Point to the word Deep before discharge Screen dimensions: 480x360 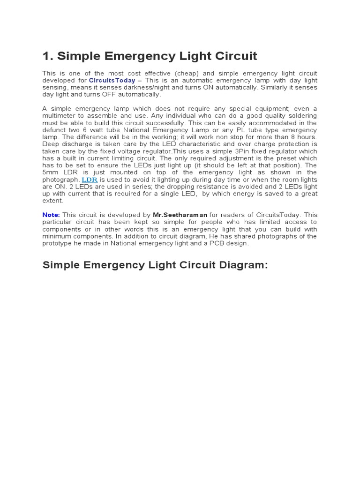point(52,144)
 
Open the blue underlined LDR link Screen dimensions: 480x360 point(90,180)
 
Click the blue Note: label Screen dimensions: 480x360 point(51,215)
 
